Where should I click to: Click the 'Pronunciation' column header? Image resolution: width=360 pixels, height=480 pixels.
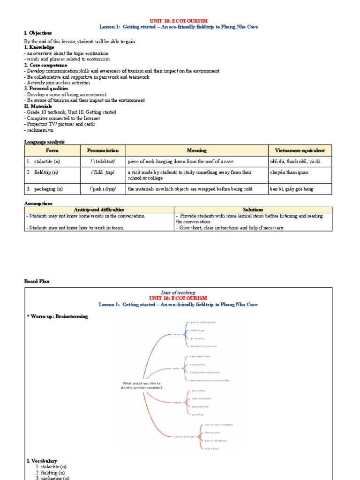(103, 150)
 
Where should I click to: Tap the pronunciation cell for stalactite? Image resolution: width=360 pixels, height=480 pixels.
(103, 161)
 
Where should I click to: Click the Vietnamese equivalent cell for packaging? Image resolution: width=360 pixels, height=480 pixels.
(292, 189)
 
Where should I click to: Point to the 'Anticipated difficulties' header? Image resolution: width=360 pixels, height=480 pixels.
(99, 210)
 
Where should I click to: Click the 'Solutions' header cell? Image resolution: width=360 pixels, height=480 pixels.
(253, 210)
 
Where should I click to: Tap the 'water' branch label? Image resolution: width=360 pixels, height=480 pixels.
(176, 368)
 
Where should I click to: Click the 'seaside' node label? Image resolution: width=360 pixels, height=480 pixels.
(177, 402)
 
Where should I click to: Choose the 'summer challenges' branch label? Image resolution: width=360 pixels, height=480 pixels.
(184, 437)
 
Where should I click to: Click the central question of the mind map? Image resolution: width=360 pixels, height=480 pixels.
(142, 385)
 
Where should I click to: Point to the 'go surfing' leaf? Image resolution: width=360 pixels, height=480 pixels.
(197, 414)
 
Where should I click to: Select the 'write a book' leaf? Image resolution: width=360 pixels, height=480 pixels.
(212, 449)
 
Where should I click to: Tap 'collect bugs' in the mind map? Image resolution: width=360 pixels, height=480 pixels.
(197, 330)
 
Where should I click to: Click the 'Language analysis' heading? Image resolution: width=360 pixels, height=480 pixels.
(44, 142)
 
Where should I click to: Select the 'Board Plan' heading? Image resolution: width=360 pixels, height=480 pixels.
(37, 281)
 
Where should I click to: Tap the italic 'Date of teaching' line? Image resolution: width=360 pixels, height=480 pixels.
(178, 292)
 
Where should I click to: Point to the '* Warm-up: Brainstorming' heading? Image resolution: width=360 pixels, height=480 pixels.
(57, 316)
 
